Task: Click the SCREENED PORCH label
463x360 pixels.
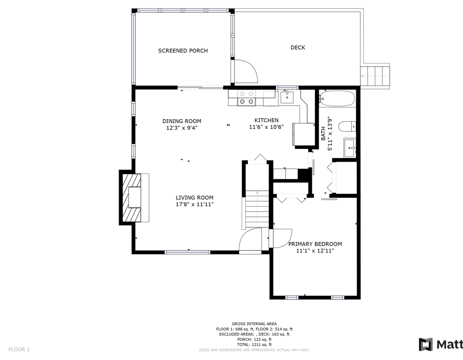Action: (x=183, y=51)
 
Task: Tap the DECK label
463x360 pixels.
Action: (x=298, y=47)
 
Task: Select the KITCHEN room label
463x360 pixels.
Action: (x=266, y=120)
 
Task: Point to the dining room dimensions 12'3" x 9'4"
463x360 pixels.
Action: (x=181, y=128)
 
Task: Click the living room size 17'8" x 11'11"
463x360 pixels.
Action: (x=194, y=204)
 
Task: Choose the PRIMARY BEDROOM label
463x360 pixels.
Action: (x=315, y=244)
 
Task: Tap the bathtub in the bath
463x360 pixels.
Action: (x=337, y=98)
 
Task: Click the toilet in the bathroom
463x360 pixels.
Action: (x=347, y=126)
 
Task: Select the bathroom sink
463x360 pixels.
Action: (x=350, y=148)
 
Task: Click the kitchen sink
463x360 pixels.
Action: (x=287, y=97)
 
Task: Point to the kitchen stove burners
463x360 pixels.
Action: (x=247, y=98)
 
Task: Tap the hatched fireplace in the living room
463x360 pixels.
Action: (x=132, y=197)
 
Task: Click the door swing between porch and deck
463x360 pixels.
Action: (x=246, y=71)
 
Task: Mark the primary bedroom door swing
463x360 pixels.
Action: (x=282, y=238)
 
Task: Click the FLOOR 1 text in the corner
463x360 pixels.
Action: (x=19, y=350)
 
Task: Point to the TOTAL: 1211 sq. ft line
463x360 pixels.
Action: (x=254, y=344)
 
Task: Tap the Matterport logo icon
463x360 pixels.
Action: (x=426, y=344)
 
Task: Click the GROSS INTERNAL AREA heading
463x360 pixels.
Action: (x=254, y=324)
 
